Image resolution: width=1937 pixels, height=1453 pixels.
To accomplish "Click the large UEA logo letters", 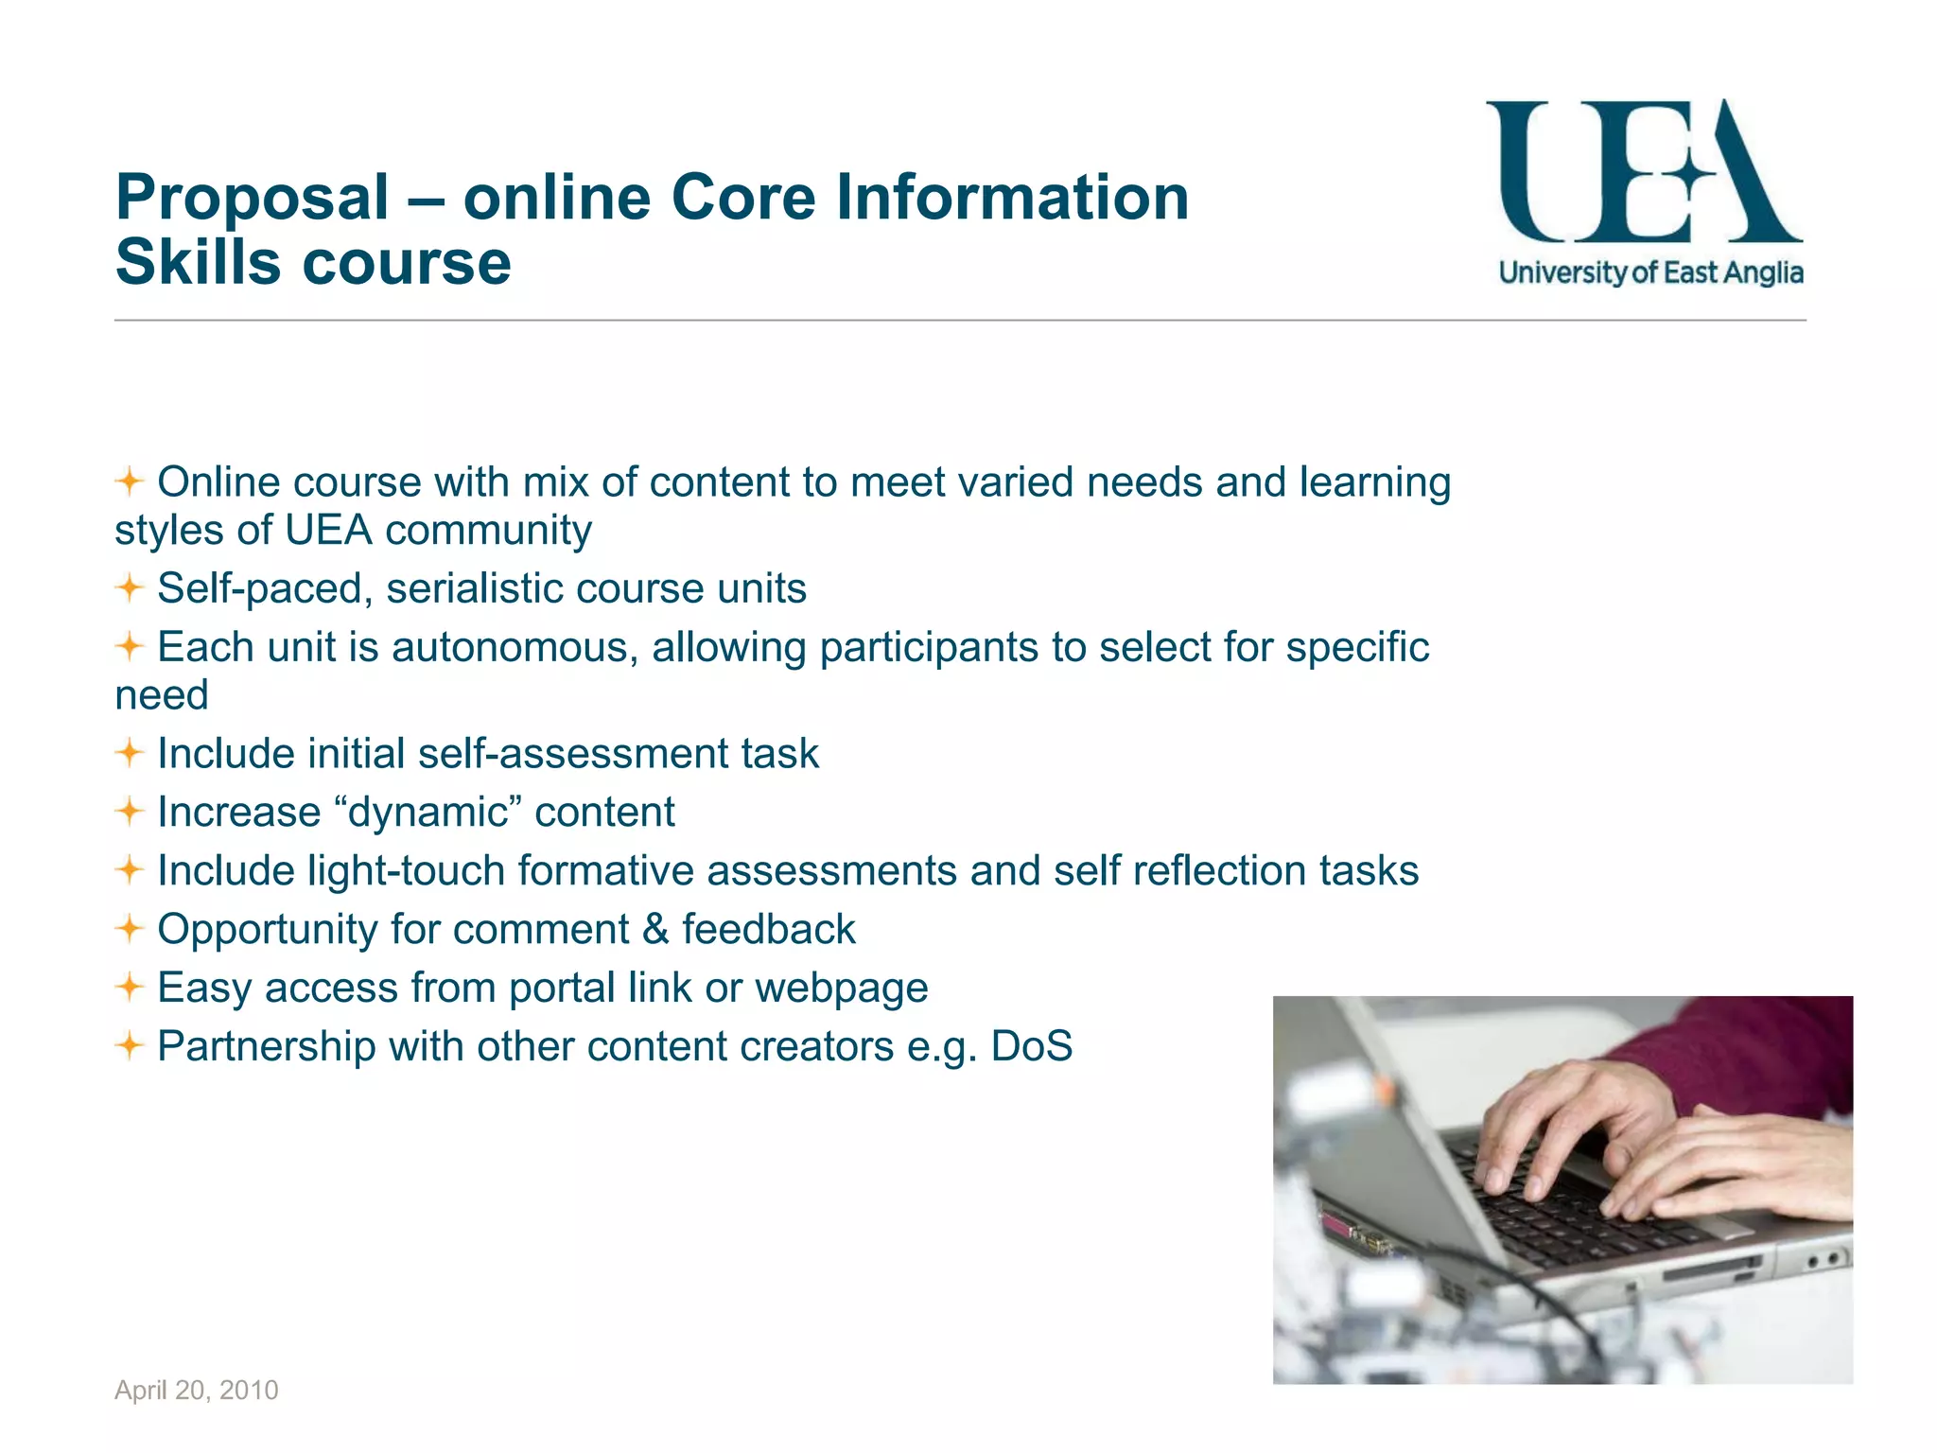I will coord(1643,172).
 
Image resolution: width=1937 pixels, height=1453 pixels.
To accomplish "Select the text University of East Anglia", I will coord(1650,273).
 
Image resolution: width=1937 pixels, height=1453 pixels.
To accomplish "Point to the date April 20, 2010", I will coord(197,1390).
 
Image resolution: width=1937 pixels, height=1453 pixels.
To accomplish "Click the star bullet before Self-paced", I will coord(130,588).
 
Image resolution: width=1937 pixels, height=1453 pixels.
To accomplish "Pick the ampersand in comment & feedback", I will coord(654,929).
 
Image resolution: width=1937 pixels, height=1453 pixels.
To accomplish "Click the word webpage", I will coord(841,989).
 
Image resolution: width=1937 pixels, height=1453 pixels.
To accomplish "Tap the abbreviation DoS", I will coord(1031,1046).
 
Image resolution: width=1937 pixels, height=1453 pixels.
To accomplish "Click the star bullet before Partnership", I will coord(130,1046).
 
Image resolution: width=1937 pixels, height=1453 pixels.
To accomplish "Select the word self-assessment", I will coord(573,754).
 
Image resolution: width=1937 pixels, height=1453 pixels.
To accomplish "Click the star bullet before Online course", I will coord(130,482).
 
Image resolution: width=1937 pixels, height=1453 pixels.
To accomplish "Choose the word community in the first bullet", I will coord(488,531).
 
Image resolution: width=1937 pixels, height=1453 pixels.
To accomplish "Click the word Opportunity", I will coord(268,930).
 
